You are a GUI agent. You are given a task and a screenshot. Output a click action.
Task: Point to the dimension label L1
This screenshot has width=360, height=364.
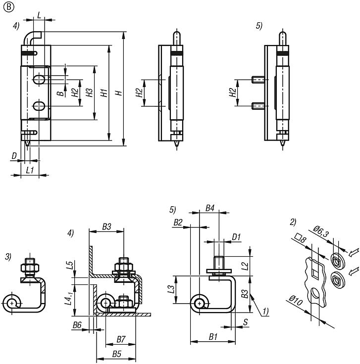[x=30, y=169]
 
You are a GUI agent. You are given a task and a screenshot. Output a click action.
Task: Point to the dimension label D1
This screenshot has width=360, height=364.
[x=237, y=237]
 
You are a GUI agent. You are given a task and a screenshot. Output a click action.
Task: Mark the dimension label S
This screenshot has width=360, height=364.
[x=246, y=322]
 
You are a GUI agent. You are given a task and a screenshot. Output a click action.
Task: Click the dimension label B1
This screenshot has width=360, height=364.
[x=213, y=337]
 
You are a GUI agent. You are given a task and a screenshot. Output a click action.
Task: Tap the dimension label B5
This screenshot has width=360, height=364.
[x=116, y=354]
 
